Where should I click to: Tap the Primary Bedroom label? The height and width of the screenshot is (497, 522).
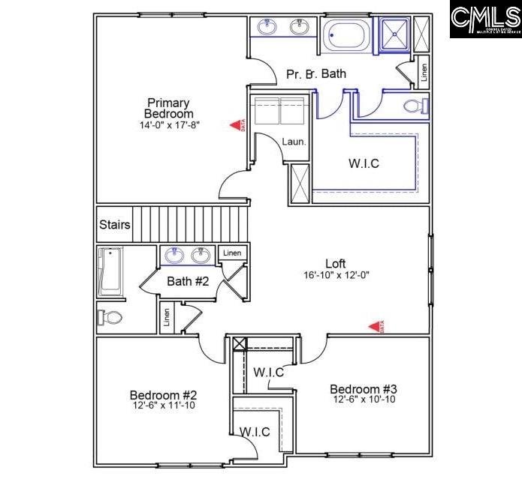[x=168, y=108]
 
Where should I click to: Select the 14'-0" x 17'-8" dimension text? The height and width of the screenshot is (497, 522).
[x=169, y=125]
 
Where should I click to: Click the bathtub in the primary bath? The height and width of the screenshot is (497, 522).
[x=346, y=34]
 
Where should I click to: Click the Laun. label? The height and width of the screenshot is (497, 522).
[x=294, y=141]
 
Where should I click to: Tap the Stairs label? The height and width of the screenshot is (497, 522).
[x=115, y=225]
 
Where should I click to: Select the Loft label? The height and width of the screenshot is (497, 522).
[x=335, y=263]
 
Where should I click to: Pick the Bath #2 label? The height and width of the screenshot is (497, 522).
[x=188, y=281]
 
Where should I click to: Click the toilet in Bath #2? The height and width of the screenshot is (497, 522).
[x=110, y=317]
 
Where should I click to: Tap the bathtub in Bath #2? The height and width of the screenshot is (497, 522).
[x=110, y=271]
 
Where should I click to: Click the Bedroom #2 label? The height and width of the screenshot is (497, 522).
[x=163, y=395]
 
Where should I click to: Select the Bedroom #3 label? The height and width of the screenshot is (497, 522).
[x=364, y=389]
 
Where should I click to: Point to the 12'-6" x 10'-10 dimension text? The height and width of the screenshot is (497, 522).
[x=364, y=400]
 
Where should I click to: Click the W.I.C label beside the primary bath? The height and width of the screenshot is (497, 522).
[x=364, y=163]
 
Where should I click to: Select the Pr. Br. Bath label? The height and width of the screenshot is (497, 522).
[x=315, y=75]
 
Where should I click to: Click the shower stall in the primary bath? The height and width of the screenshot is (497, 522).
[x=394, y=34]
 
